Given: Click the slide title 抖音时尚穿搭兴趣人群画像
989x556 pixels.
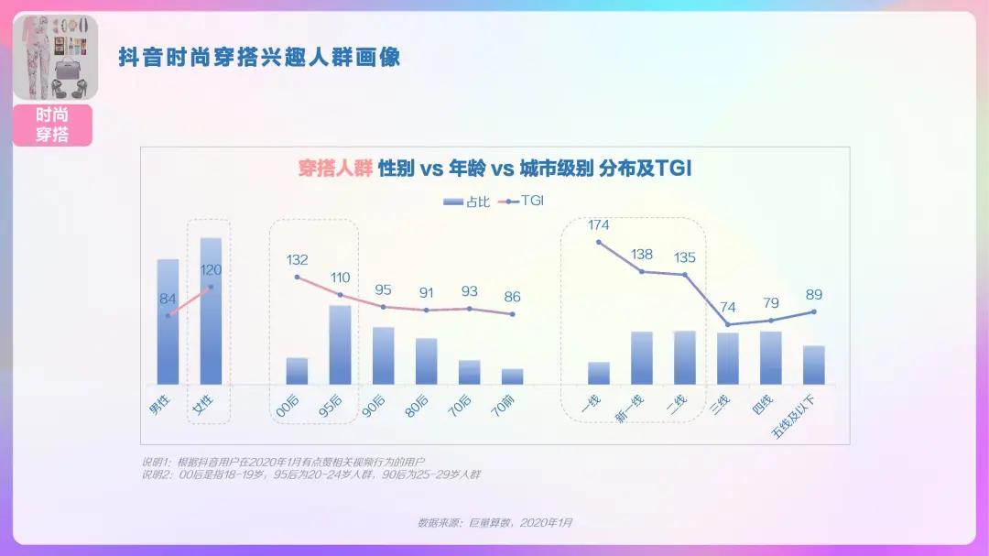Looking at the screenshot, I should [x=259, y=58].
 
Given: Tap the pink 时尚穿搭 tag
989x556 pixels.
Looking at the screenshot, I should [x=53, y=125].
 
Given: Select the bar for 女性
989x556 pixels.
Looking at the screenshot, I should [x=211, y=311].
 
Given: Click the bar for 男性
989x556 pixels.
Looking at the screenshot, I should [x=168, y=322].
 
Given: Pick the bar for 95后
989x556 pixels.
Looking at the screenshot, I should [x=340, y=344].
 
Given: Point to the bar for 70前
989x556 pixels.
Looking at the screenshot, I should [x=512, y=376].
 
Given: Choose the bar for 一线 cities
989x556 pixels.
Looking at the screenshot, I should [x=599, y=373].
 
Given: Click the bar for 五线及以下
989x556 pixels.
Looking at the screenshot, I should [x=814, y=365].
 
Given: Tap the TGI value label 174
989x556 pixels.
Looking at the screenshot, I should [x=599, y=225].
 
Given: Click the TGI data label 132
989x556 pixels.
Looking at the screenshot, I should [x=298, y=260].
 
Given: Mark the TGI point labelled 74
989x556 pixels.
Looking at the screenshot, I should [x=728, y=324].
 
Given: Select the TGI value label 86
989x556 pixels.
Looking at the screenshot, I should [x=512, y=297].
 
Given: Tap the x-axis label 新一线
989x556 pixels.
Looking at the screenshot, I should [x=631, y=406].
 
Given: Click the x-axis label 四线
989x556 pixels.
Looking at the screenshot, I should [x=762, y=404].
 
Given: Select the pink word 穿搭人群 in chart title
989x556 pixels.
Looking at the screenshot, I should [x=335, y=169].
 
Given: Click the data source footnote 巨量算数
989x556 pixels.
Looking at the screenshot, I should [x=495, y=522].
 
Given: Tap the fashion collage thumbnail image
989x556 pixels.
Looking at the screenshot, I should [x=55, y=58].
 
